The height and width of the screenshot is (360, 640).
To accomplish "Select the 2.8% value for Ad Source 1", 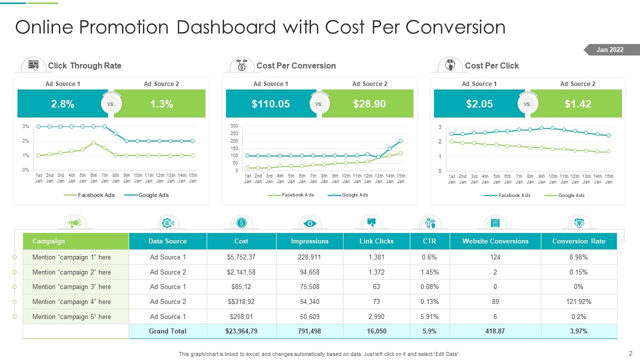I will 62,104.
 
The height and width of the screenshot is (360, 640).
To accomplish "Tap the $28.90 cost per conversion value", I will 369,104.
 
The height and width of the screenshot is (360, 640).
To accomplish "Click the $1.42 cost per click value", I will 577,104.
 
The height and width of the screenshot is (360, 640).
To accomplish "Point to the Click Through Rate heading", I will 84,65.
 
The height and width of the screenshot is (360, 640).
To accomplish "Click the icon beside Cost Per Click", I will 449,65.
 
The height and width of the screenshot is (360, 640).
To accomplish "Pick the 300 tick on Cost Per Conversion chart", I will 234,126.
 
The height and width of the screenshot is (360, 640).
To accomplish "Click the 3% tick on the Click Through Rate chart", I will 25,126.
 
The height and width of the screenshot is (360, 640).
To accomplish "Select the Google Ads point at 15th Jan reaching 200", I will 400,141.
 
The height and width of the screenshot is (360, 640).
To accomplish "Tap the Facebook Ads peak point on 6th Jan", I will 93,142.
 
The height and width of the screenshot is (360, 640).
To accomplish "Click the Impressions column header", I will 309,241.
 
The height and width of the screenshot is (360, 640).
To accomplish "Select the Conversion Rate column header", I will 578,241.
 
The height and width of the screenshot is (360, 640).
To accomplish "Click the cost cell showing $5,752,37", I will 241,257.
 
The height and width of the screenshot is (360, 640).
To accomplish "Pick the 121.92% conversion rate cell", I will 578,301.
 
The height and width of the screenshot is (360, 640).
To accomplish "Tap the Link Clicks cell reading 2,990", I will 376,316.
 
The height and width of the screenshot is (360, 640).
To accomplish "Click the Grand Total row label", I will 167,331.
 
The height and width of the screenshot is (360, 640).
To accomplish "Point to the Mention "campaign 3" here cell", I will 71,286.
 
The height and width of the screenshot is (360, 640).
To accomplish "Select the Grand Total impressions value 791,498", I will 309,331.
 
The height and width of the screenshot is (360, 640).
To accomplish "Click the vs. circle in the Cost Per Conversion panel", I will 319,104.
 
